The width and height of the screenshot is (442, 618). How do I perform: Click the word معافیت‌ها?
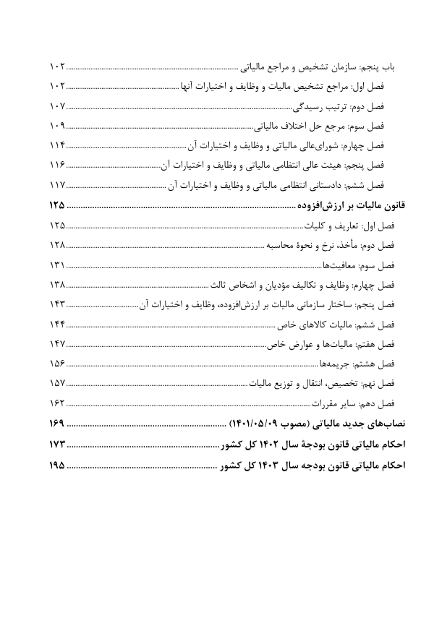pyautogui.click(x=328, y=265)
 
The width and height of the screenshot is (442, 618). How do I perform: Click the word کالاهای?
pyautogui.click(x=310, y=323)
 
